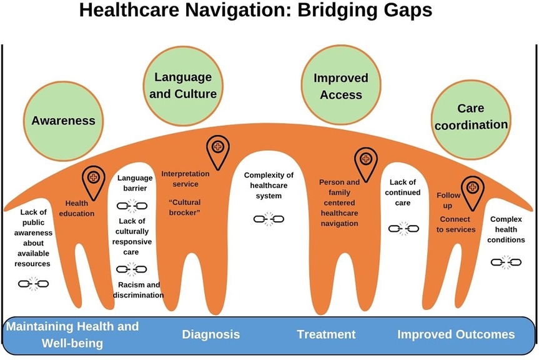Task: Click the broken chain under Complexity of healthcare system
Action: pos(269,219)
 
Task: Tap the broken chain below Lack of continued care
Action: pos(399,229)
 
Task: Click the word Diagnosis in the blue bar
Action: pos(210,334)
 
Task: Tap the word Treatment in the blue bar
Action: pos(326,334)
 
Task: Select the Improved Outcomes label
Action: pos(456,334)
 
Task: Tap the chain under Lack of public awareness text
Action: pos(34,284)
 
